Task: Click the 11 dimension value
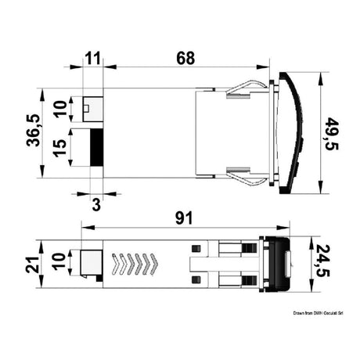pos(93,59)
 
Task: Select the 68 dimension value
pos(185,59)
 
